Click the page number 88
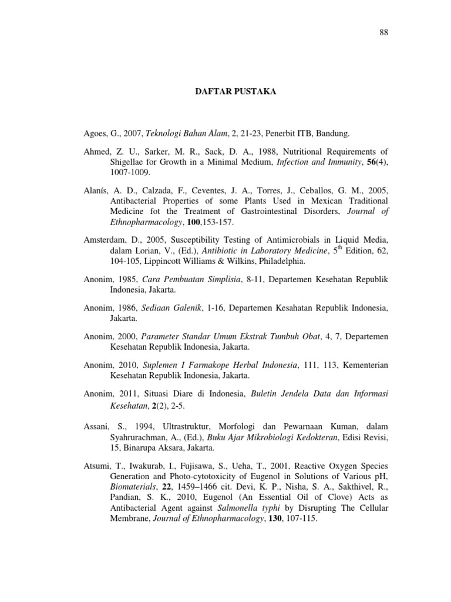point(384,32)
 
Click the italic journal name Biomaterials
point(133,487)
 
